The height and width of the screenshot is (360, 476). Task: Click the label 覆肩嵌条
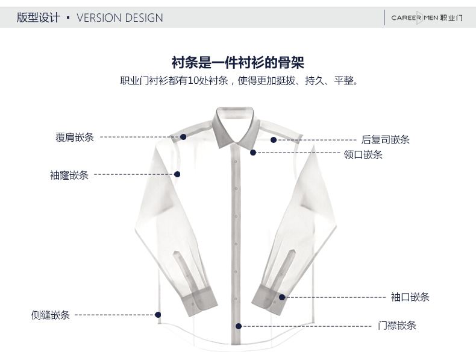[75, 137]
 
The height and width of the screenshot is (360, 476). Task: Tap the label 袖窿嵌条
[69, 175]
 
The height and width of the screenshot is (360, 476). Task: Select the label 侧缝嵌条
[51, 315]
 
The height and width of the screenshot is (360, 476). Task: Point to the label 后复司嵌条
[386, 140]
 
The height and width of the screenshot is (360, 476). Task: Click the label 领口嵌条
[363, 155]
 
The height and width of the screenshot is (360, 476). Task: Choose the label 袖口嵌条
[410, 297]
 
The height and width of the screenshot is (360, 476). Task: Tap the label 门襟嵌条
[397, 326]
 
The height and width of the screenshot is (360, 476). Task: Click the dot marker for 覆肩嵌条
[183, 137]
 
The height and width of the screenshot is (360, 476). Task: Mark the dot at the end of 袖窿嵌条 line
[177, 174]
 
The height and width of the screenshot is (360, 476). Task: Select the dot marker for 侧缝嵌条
[158, 314]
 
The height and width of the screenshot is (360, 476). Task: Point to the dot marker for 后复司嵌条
[274, 140]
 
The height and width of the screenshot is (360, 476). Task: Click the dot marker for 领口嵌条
[253, 153]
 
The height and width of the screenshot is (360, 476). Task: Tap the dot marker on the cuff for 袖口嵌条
[281, 297]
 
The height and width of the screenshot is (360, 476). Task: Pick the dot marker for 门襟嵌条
[239, 326]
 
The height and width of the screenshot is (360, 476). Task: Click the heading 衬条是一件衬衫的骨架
[238, 62]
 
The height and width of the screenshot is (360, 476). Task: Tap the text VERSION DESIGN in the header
[120, 17]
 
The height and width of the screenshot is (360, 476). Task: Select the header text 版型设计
[38, 17]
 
